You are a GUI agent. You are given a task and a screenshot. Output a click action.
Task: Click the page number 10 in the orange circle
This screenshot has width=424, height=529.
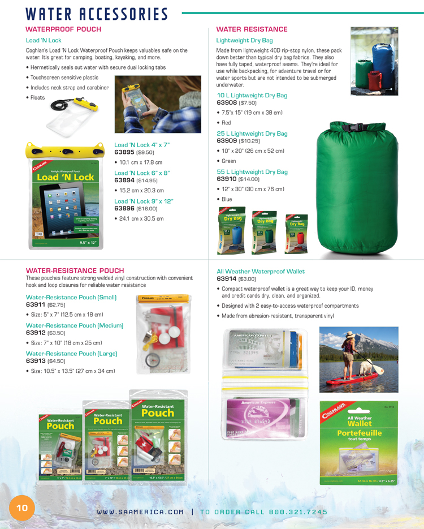(x=21, y=508)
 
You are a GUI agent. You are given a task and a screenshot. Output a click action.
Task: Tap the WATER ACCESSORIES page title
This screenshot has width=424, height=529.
(x=97, y=14)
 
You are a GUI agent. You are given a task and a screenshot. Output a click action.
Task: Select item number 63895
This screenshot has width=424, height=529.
(x=124, y=152)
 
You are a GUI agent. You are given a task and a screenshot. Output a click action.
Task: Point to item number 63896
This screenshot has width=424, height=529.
(x=124, y=208)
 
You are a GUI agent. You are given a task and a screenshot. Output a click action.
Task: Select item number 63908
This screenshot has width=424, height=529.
(x=227, y=103)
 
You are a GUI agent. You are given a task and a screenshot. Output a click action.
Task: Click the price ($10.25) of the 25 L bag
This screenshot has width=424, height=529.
(x=249, y=141)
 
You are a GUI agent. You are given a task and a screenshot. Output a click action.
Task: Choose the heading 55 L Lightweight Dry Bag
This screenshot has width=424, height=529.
(x=252, y=171)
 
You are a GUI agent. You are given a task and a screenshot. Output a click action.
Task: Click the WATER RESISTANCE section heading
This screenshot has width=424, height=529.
(x=252, y=29)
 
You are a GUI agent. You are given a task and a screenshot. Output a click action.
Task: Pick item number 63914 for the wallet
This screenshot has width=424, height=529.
(x=227, y=279)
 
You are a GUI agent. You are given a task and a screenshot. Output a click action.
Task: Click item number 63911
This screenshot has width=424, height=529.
(x=36, y=305)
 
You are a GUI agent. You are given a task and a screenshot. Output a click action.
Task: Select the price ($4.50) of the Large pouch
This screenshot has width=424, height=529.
(x=57, y=361)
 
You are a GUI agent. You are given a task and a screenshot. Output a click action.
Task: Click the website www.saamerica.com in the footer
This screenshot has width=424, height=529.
(x=140, y=511)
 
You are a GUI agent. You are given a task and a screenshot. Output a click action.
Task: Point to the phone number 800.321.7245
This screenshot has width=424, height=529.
(x=299, y=511)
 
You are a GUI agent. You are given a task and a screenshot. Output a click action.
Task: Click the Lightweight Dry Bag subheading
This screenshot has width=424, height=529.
(x=244, y=41)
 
